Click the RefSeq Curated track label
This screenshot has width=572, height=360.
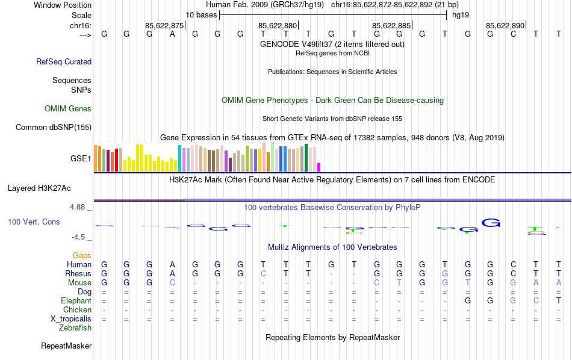coord(64,61)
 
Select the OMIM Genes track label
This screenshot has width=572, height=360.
coord(68,109)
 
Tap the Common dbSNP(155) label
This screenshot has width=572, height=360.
coord(54,127)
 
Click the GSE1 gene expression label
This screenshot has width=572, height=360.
coord(81,159)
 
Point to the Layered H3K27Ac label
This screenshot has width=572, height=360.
coord(49,188)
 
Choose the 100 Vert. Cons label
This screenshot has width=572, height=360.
coord(34,222)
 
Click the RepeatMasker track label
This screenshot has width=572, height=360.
coord(66,346)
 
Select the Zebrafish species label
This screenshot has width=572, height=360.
coord(75,328)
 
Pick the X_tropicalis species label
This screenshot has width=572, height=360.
coord(71,319)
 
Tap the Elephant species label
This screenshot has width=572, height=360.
coord(76,301)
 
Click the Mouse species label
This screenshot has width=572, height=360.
coord(79,283)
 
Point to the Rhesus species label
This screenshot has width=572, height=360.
coord(78,274)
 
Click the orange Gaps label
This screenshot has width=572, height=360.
coord(82,256)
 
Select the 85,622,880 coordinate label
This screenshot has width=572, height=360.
coord(278,25)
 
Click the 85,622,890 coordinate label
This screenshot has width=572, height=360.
coord(505,25)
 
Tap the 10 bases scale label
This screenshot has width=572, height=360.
coord(201,14)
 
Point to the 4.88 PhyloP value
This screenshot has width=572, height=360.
coord(78,207)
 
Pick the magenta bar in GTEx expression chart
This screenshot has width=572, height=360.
coord(319,167)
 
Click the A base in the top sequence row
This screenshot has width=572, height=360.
coord(172,34)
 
